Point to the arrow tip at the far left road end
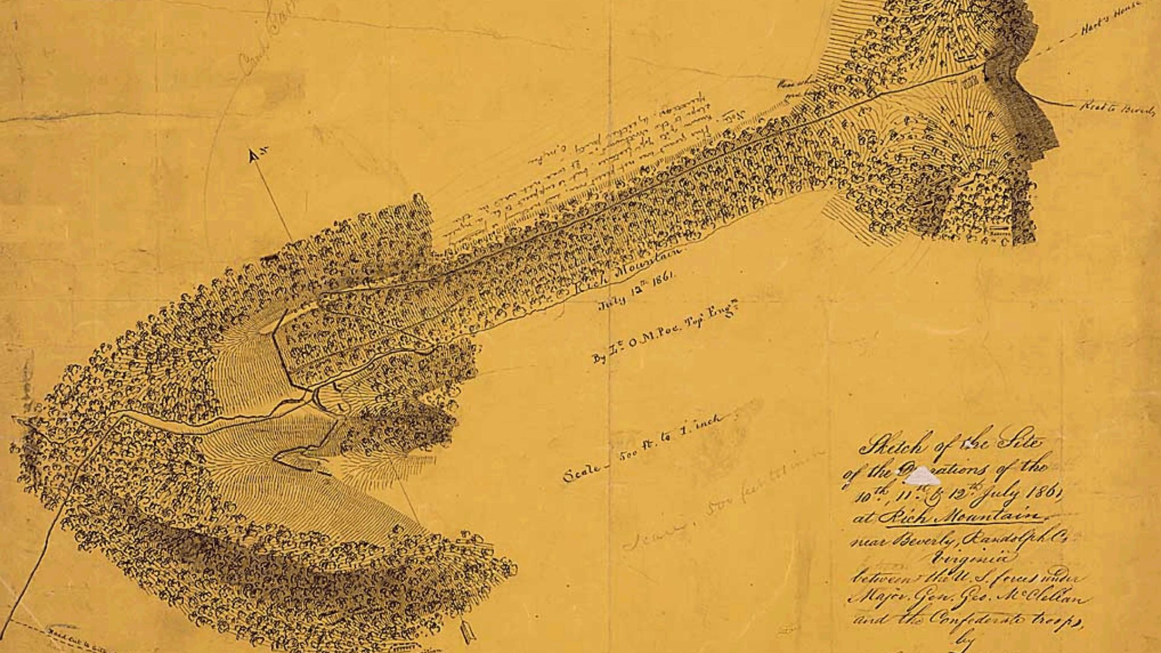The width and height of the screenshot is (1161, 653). (x=15, y=418)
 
